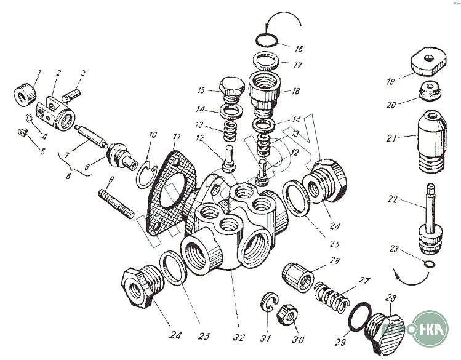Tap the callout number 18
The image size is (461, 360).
296,91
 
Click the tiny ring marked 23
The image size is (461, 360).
427,265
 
